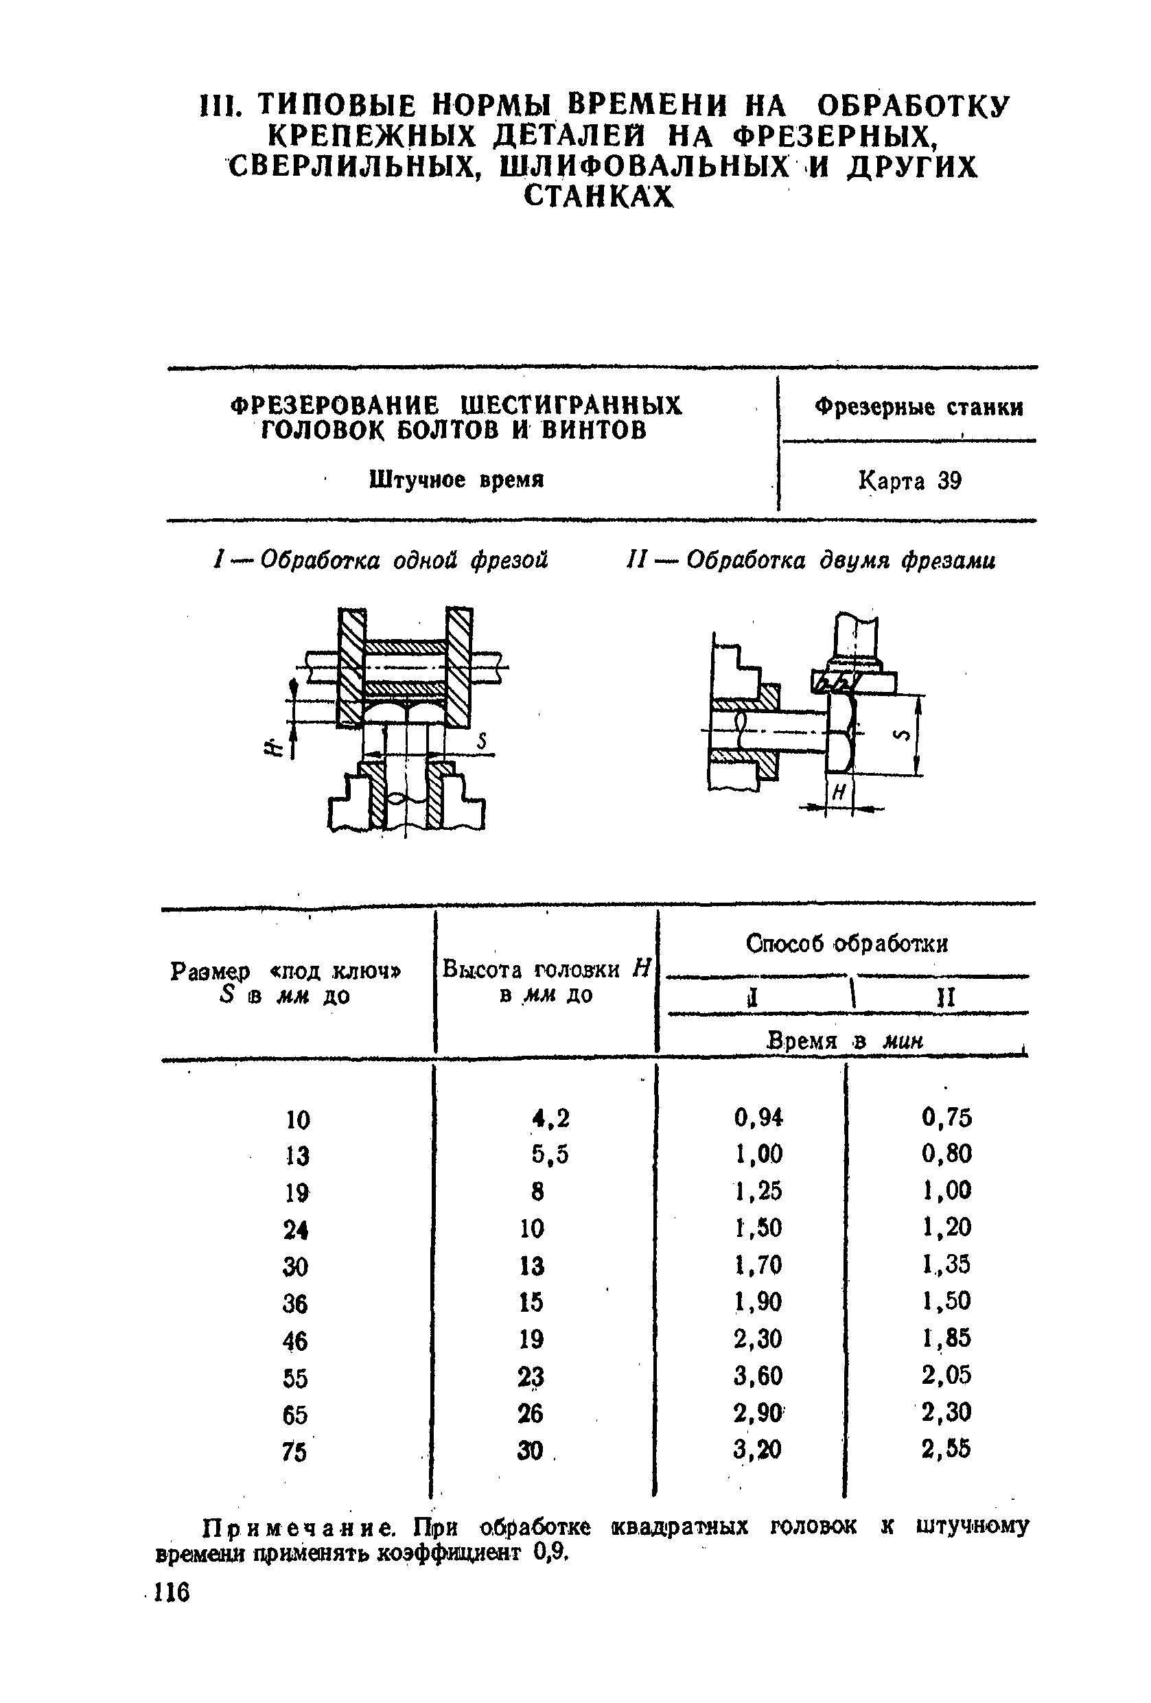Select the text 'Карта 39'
click(x=909, y=480)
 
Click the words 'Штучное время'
click(x=456, y=480)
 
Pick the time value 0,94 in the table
click(x=758, y=1117)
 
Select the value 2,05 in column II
click(x=946, y=1375)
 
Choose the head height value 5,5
click(x=550, y=1154)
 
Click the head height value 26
click(x=531, y=1413)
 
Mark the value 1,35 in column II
click(x=946, y=1264)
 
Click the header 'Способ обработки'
click(x=846, y=943)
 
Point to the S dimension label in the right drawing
click(x=902, y=735)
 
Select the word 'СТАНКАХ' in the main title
click(x=598, y=196)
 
